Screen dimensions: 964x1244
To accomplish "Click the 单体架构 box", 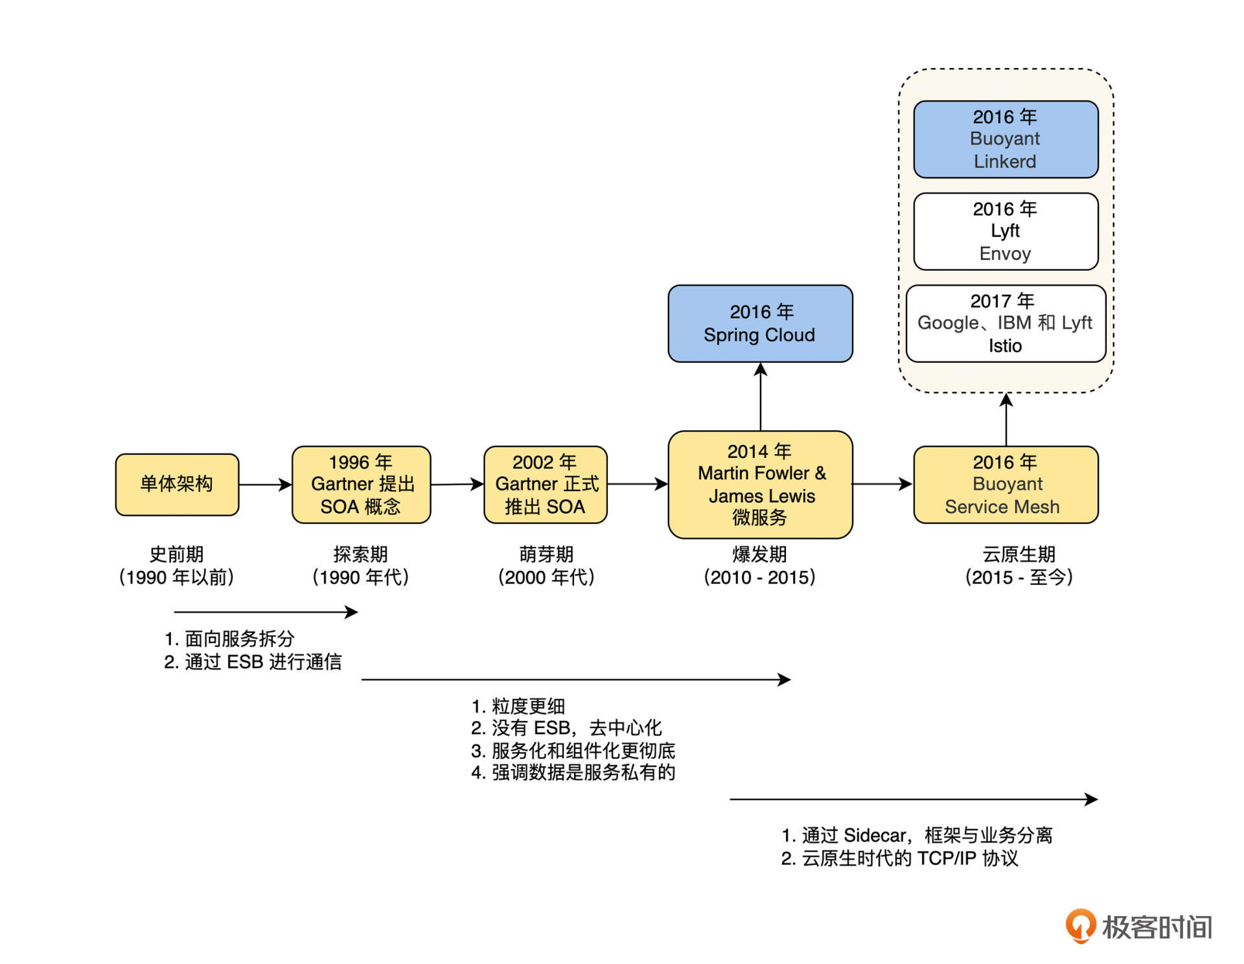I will [177, 484].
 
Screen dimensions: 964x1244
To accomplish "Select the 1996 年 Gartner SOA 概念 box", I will [361, 484].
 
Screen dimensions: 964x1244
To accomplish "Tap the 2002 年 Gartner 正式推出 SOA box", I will [545, 484].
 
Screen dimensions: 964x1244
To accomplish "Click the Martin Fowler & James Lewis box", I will [760, 484].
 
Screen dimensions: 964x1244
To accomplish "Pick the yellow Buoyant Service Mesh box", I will [1005, 484].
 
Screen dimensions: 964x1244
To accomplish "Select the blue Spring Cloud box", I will [760, 323].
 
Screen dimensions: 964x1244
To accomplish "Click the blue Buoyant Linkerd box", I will [1005, 139].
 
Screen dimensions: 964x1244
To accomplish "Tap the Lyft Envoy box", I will [1005, 231].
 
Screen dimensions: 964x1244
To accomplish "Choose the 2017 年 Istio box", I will [1005, 323].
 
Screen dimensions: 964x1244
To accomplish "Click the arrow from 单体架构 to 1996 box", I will [265, 484].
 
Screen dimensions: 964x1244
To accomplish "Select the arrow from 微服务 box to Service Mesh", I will [882, 483].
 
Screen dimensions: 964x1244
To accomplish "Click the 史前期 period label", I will [176, 554].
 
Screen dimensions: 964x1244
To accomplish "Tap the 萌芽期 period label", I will [546, 554].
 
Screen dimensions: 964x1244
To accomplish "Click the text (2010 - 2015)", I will [759, 577].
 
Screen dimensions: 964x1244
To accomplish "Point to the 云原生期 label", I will [1019, 554].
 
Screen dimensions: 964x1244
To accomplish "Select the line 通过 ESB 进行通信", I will [253, 661].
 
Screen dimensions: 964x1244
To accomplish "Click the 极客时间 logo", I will [1138, 926].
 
